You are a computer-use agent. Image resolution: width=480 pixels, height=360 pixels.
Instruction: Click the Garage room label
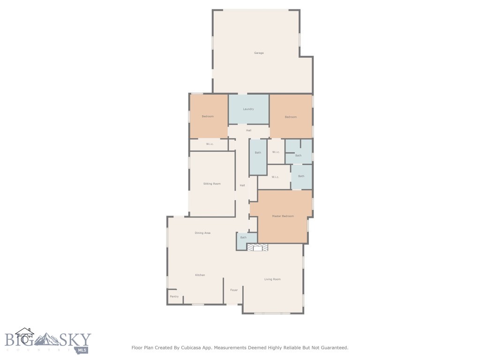pyautogui.click(x=259, y=53)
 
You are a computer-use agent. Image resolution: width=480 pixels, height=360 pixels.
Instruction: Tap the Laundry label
pyautogui.click(x=248, y=109)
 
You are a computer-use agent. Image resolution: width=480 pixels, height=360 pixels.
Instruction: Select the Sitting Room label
pyautogui.click(x=212, y=184)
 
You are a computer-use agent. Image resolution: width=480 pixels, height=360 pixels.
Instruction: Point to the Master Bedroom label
pyautogui.click(x=283, y=216)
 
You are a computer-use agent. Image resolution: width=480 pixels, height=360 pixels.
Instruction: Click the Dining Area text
pyautogui.click(x=202, y=233)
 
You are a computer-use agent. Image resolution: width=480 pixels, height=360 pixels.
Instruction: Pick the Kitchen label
pyautogui.click(x=200, y=275)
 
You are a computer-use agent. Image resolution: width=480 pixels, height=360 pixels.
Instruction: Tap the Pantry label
pyautogui.click(x=174, y=297)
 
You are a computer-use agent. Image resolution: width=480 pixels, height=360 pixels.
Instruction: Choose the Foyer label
pyautogui.click(x=234, y=290)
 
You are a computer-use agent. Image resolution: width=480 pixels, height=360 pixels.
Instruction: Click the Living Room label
pyautogui.click(x=272, y=279)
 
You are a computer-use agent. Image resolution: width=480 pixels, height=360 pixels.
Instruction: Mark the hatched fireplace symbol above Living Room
pyautogui.click(x=258, y=247)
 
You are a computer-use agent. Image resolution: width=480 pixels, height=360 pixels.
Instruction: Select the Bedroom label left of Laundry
pyautogui.click(x=208, y=116)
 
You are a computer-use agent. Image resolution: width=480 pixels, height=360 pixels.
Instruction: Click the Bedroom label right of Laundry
pyautogui.click(x=291, y=117)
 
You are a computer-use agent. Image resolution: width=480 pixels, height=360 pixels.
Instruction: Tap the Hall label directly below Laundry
pyautogui.click(x=248, y=130)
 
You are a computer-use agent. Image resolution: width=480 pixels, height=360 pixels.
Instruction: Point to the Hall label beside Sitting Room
pyautogui.click(x=242, y=186)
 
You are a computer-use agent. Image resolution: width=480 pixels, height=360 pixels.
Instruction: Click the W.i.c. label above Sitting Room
pyautogui.click(x=210, y=144)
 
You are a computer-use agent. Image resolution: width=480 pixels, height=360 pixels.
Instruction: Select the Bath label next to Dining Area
pyautogui.click(x=243, y=238)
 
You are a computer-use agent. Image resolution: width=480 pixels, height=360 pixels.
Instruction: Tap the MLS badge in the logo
pyautogui.click(x=83, y=350)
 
